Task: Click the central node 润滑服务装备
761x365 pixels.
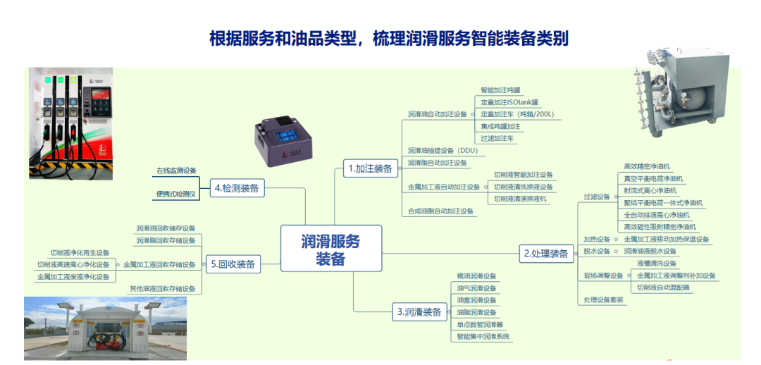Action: (x=330, y=249)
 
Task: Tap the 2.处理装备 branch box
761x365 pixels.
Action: (x=546, y=253)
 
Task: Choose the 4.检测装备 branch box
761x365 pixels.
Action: (x=237, y=187)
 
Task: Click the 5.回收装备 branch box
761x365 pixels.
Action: (x=232, y=265)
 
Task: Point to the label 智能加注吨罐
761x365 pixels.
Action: (x=500, y=90)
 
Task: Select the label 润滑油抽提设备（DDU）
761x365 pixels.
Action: (x=443, y=151)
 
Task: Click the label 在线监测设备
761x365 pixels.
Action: (x=176, y=171)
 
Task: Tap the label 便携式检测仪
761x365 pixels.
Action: (x=176, y=194)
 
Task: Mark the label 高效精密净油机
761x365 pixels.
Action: (x=647, y=167)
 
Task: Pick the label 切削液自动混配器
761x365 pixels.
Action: (x=663, y=287)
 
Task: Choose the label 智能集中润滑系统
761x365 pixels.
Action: (x=484, y=336)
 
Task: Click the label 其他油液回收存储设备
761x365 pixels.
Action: (x=162, y=289)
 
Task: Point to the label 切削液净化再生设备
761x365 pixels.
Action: (x=80, y=252)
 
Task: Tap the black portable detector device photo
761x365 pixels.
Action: (x=290, y=138)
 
